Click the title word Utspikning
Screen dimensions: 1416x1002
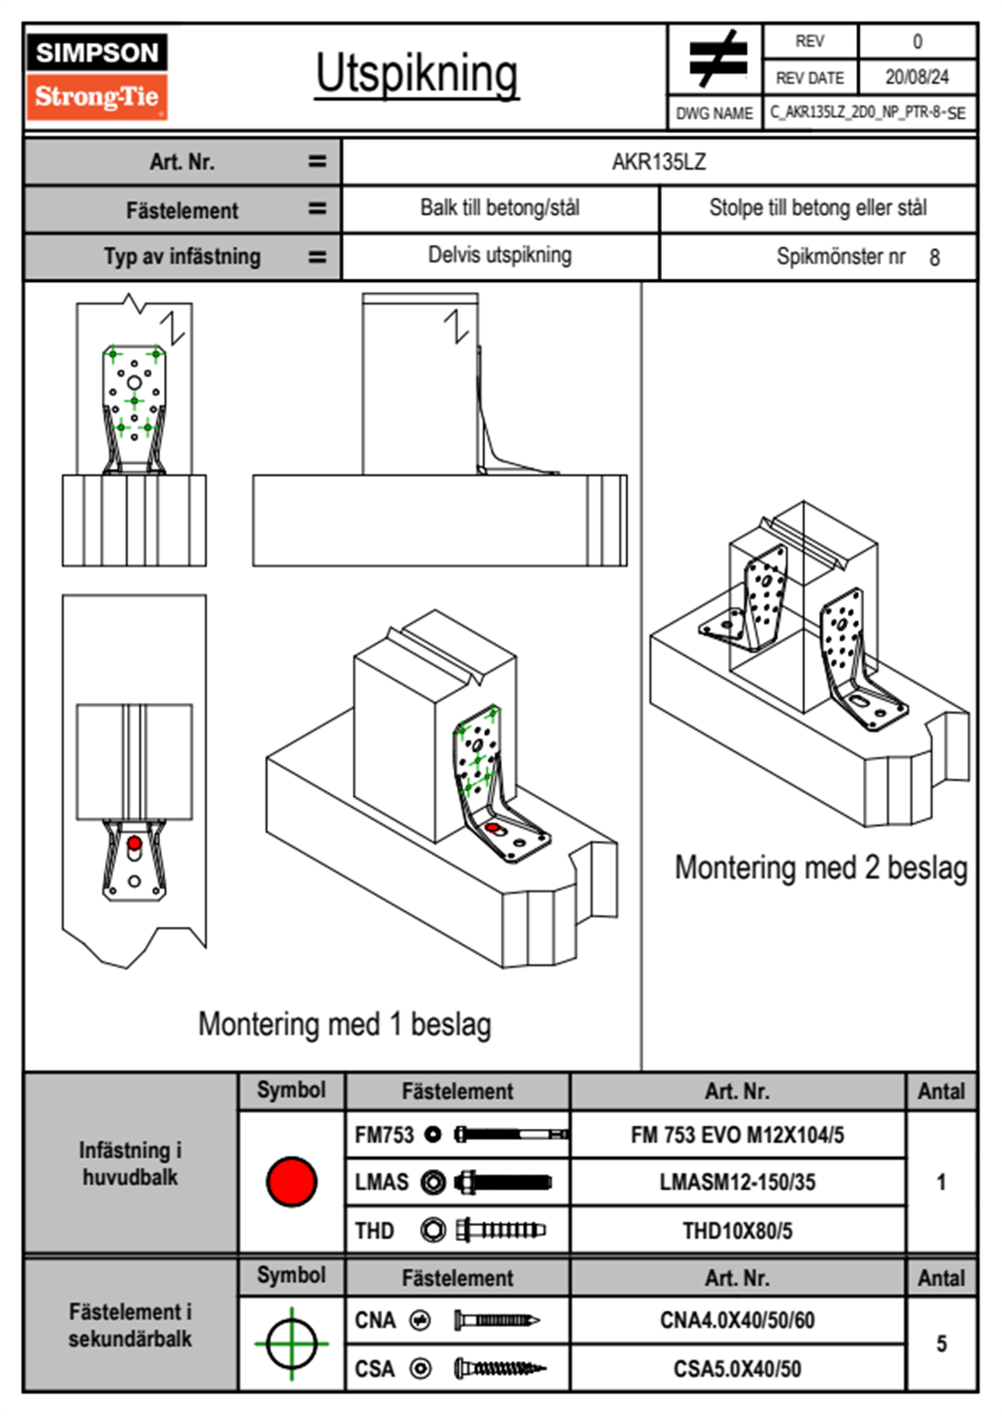417,74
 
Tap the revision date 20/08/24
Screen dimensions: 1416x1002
916,77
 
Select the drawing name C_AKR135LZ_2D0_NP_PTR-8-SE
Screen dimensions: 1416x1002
867,112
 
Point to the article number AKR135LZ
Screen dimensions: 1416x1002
658,162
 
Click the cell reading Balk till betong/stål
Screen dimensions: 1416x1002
499,208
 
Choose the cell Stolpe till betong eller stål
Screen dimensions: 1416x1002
818,208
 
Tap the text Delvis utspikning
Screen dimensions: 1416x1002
499,255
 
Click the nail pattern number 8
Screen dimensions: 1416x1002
934,258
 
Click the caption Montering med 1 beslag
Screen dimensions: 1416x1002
344,1025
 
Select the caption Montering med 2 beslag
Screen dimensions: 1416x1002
821,868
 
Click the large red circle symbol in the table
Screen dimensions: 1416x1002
291,1181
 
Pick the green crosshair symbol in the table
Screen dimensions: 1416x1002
291,1344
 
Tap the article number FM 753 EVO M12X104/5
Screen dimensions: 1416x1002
737,1135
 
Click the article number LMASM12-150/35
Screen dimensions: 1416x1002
737,1182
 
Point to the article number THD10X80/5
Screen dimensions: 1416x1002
737,1231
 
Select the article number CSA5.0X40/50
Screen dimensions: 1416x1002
737,1369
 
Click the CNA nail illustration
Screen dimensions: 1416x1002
497,1320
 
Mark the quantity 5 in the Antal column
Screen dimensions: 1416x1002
941,1344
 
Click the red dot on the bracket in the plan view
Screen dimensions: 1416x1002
134,843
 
